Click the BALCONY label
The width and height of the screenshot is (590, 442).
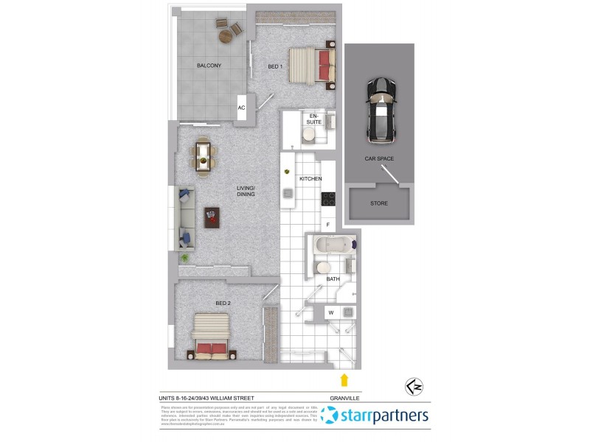(x=209, y=66)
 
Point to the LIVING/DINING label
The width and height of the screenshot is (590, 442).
(x=245, y=192)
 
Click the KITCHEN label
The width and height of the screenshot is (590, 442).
(x=310, y=179)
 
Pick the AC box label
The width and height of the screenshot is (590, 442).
(x=241, y=108)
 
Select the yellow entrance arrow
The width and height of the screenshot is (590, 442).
(x=343, y=379)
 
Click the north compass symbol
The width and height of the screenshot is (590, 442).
(x=414, y=387)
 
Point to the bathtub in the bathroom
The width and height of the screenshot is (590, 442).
(x=331, y=245)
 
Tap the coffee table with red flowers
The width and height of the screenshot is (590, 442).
(x=212, y=217)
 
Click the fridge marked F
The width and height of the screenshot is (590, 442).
(x=328, y=225)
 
